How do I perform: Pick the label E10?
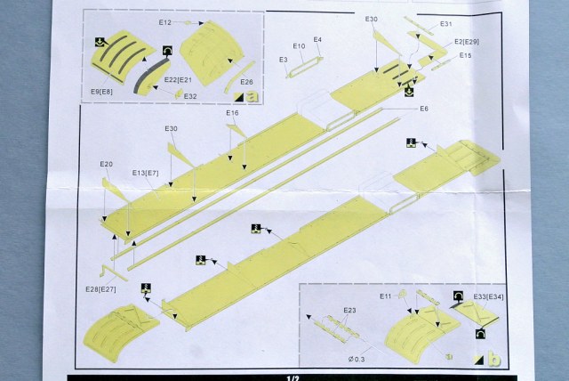(299, 45)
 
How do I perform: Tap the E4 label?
(317, 41)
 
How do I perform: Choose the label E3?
(284, 60)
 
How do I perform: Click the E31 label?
(446, 24)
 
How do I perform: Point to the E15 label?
(466, 55)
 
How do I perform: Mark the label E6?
(424, 108)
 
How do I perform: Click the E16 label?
(233, 113)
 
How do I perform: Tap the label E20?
(107, 165)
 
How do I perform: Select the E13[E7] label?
(145, 172)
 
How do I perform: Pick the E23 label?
(349, 310)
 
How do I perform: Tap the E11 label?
(385, 296)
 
